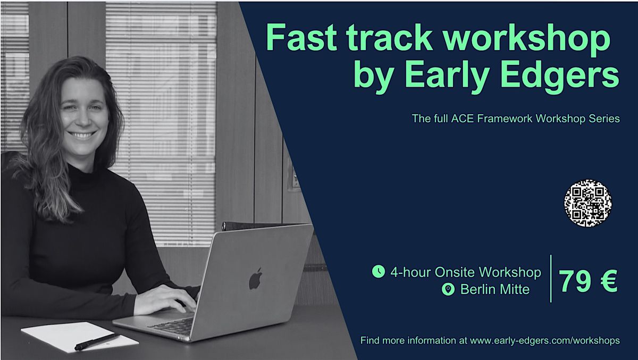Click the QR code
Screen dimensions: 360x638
tap(587, 203)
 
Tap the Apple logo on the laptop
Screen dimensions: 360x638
tap(256, 279)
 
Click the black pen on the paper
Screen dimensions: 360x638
tap(97, 341)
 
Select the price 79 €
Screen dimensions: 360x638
tap(589, 281)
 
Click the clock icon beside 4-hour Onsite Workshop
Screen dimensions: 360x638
tap(378, 272)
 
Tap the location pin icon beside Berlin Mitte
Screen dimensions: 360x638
tap(448, 290)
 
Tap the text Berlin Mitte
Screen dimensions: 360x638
tap(495, 290)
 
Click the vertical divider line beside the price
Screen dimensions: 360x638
tap(550, 279)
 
